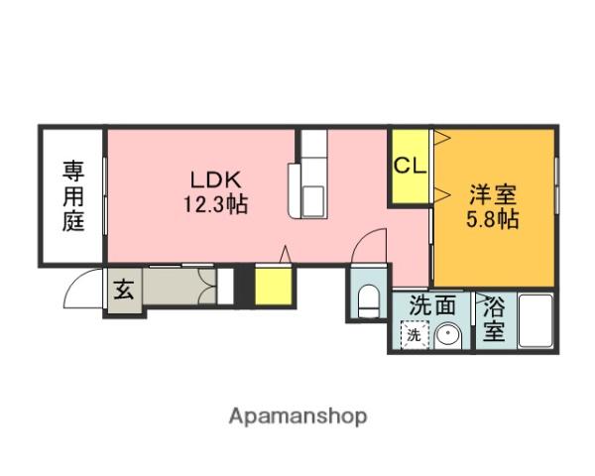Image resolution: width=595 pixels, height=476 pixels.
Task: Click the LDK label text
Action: (216, 181)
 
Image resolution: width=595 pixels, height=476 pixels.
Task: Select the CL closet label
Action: (410, 167)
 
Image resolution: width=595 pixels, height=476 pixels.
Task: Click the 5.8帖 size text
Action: (493, 218)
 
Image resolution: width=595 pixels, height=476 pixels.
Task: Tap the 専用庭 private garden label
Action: (74, 195)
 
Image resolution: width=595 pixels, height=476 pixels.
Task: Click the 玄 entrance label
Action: (124, 291)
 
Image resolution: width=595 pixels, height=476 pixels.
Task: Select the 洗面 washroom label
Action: (432, 306)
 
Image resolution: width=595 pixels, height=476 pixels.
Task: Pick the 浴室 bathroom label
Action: (493, 319)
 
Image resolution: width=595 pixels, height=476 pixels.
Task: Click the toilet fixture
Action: (367, 298)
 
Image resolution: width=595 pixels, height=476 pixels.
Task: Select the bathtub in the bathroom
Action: (536, 322)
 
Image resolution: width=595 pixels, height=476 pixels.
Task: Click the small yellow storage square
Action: (273, 287)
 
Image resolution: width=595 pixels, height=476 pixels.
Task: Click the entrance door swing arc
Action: (79, 289)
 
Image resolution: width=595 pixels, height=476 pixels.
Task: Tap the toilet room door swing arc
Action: (371, 246)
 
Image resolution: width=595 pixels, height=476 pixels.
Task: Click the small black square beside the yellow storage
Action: (226, 286)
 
